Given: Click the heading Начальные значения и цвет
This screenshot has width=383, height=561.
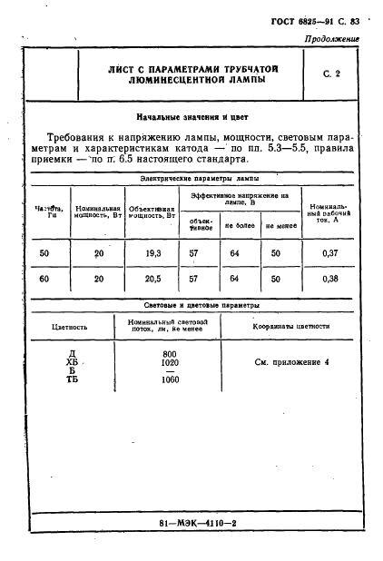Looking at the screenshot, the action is tap(191, 117).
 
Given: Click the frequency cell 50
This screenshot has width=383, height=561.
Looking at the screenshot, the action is tap(44, 253).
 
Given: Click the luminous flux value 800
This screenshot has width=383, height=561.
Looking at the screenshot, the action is tap(170, 353).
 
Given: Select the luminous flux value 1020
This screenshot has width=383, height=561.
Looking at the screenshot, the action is tap(170, 361).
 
